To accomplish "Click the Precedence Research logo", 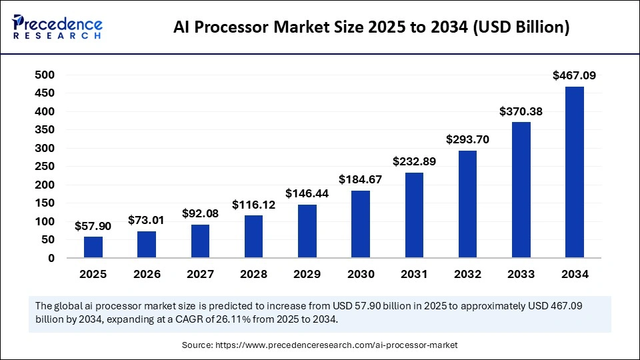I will pyautogui.click(x=57, y=27).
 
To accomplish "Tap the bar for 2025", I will pyautogui.click(x=93, y=247).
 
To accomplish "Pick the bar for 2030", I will pyautogui.click(x=361, y=224).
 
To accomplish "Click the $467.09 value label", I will pyautogui.click(x=575, y=76).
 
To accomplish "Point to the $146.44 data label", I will pyautogui.click(x=307, y=193).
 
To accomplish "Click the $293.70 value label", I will pyautogui.click(x=468, y=140).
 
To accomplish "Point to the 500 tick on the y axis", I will pyautogui.click(x=44, y=75).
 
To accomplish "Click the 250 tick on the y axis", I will pyautogui.click(x=44, y=167).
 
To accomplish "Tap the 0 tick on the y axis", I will pyautogui.click(x=51, y=258).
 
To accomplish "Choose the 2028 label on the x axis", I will pyautogui.click(x=253, y=274).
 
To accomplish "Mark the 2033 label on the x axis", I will pyautogui.click(x=521, y=274).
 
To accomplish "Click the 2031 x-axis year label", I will pyautogui.click(x=414, y=274).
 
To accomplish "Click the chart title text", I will pyautogui.click(x=371, y=27).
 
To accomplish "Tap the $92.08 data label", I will pyautogui.click(x=201, y=213).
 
